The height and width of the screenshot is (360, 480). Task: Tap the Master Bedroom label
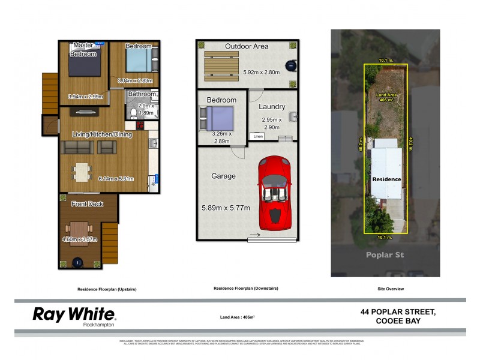83,50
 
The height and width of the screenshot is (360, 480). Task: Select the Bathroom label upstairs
142,94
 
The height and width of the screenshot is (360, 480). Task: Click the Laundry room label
271,107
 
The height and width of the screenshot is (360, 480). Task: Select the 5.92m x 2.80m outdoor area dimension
261,73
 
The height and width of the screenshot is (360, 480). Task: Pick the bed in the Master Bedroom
83,65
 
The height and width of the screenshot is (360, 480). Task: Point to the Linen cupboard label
257,137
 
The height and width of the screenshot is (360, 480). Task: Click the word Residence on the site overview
386,179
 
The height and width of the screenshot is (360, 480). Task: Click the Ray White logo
73,315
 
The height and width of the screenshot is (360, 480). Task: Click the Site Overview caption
391,289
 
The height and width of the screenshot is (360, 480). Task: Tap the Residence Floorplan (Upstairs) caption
107,289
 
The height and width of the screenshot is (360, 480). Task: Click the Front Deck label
87,204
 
